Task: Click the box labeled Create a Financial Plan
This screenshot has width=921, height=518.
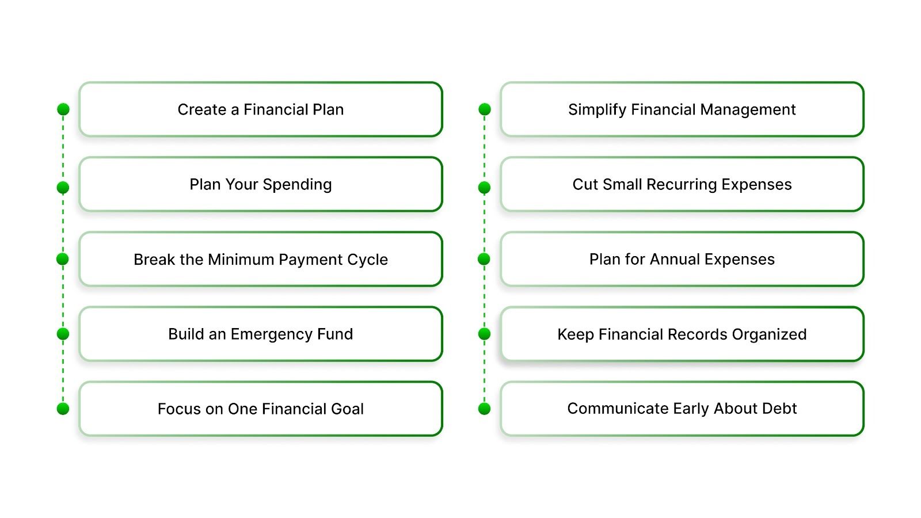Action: [x=260, y=109]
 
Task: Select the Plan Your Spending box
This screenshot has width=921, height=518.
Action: [x=260, y=184]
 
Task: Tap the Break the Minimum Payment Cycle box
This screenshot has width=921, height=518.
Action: [x=260, y=259]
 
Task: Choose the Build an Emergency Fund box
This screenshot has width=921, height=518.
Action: [x=260, y=334]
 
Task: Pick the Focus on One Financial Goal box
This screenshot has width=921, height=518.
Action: [x=260, y=409]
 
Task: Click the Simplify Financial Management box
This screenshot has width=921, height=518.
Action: [x=682, y=109]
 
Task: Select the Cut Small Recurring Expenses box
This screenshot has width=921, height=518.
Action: [x=682, y=184]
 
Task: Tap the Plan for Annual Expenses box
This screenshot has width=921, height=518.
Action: [x=682, y=259]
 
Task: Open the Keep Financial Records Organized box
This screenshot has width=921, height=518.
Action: [x=682, y=334]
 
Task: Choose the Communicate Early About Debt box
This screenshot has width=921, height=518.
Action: [x=682, y=409]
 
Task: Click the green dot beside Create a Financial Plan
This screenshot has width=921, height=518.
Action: [x=63, y=109]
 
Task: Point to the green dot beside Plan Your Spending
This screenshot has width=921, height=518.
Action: [x=63, y=188]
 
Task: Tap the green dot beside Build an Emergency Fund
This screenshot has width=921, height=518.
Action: [x=63, y=334]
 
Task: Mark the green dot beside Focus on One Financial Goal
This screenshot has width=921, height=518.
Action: [x=63, y=409]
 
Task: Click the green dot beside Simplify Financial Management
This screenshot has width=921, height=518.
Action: [x=485, y=109]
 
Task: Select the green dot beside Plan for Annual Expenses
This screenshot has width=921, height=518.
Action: [x=485, y=259]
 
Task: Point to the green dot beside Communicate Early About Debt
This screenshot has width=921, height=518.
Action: [x=485, y=409]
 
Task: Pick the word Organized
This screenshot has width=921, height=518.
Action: [x=769, y=334]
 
